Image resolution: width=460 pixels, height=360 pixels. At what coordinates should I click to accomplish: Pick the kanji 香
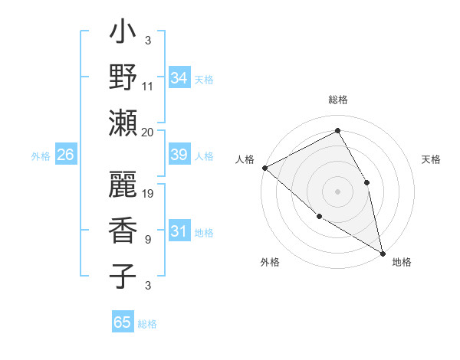click(x=123, y=230)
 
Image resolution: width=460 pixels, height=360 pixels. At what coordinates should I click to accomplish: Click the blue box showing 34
click(x=179, y=77)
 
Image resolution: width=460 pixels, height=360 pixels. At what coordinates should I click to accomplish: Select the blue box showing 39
click(x=179, y=155)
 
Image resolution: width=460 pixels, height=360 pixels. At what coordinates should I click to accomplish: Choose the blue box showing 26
click(x=66, y=155)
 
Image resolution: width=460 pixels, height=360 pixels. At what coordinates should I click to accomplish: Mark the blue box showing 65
click(x=123, y=322)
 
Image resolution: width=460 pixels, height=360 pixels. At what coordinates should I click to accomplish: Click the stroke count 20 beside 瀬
click(x=148, y=133)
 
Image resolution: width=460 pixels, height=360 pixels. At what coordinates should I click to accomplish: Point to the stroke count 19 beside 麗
click(x=149, y=194)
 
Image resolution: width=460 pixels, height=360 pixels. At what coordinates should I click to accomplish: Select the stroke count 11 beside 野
click(x=148, y=87)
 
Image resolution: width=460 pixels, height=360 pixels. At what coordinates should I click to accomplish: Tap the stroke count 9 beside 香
click(x=148, y=240)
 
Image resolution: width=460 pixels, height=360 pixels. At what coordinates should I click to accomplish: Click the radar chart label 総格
click(x=338, y=100)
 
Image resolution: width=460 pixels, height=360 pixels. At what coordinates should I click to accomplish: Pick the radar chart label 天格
click(x=431, y=159)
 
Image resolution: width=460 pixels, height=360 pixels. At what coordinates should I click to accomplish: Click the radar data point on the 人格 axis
click(x=264, y=167)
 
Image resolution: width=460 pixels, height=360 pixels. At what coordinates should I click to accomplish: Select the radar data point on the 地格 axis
click(x=383, y=252)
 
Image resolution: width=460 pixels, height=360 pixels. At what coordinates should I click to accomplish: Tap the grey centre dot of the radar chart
click(x=337, y=191)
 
